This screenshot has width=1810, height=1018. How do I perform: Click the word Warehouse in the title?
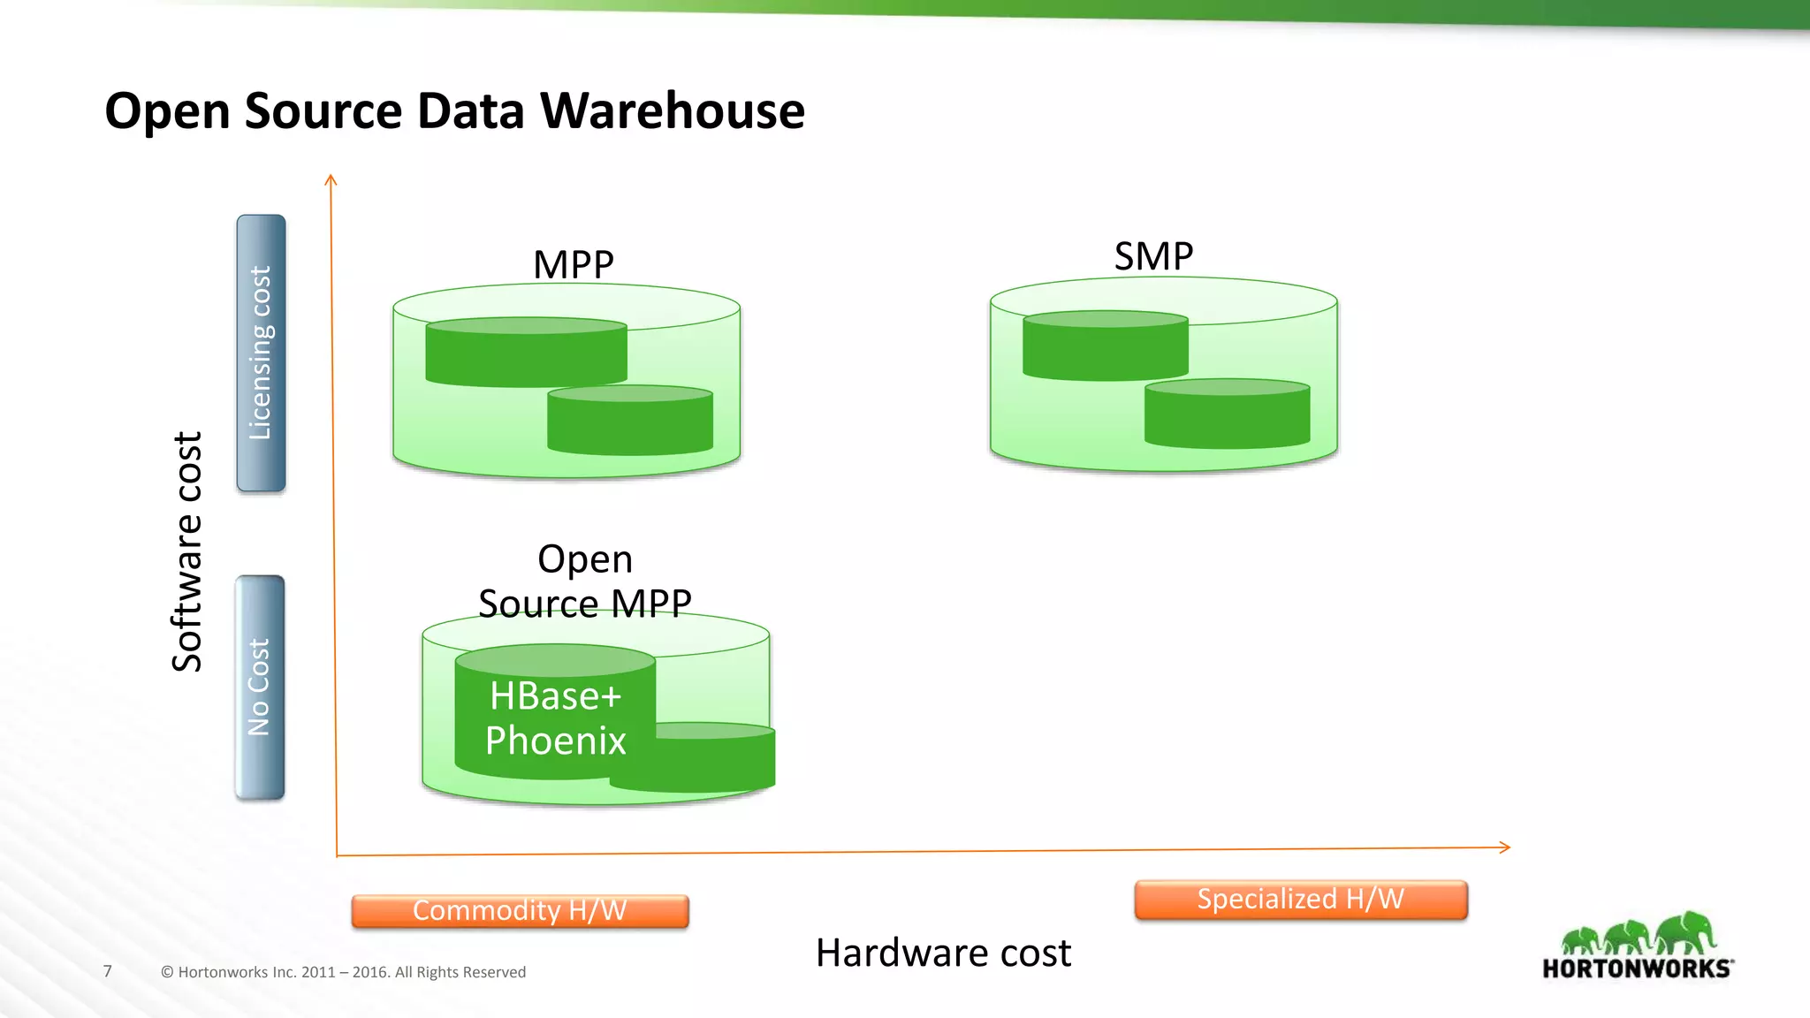[672, 111]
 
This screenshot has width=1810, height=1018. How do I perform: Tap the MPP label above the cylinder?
[573, 264]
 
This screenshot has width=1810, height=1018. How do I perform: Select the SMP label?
[1153, 256]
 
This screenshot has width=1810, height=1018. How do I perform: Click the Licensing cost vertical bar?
[261, 353]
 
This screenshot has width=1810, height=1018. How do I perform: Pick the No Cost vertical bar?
[259, 688]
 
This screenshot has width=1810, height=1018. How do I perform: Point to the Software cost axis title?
[187, 551]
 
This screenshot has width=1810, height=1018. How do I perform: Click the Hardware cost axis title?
[943, 953]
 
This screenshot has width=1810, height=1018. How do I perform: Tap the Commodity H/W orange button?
[520, 910]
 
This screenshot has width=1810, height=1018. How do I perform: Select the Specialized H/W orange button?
[1300, 899]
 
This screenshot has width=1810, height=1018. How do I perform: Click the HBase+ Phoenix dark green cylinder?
[555, 718]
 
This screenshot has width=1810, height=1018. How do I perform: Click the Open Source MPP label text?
[584, 581]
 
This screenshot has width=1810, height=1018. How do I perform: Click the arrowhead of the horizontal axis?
[1505, 847]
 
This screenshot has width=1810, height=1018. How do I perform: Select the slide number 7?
[108, 971]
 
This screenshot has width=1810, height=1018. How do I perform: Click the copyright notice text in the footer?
[343, 972]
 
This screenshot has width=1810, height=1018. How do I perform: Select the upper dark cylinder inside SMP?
[1105, 346]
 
